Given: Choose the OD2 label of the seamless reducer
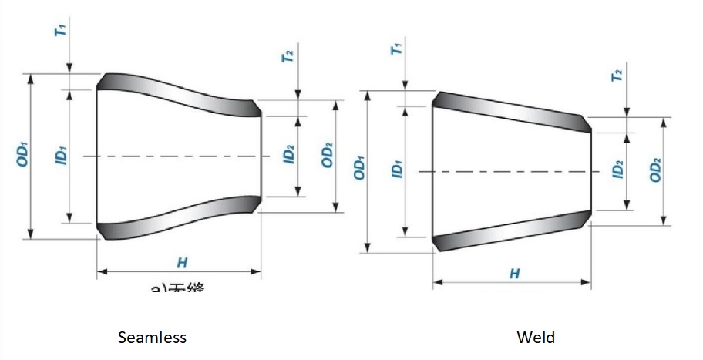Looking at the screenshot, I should coord(328,156).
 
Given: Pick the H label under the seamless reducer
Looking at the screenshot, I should coord(182,263).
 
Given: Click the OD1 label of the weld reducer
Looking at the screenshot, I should coord(359,170).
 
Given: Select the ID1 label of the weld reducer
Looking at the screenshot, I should coord(397,170).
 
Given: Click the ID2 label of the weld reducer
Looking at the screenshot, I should coord(617,170).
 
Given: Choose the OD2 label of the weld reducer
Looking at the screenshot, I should coord(656,170).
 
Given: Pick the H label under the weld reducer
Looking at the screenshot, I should coord(514,274).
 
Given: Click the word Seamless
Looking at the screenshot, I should coord(152,338).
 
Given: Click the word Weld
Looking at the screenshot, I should coord(536,338).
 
